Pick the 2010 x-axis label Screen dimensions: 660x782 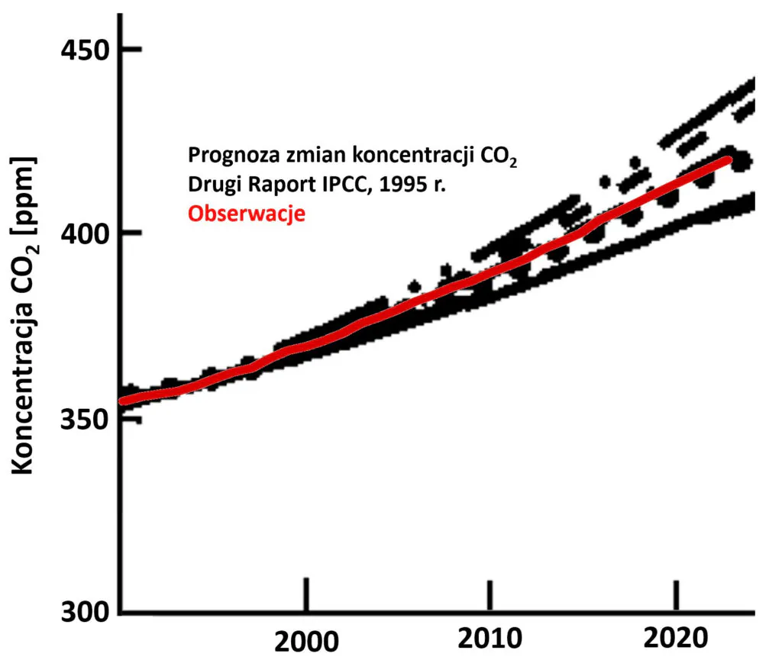490,639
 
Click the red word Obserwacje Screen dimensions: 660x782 247,214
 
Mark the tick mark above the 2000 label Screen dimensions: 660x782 306,594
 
